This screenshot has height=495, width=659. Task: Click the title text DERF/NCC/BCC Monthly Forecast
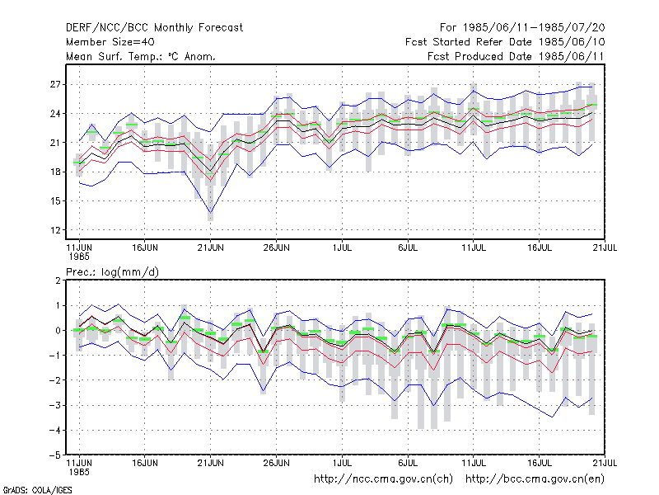[154, 28]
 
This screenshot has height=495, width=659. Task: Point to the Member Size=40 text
[110, 42]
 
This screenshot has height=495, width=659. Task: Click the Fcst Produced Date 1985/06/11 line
[516, 56]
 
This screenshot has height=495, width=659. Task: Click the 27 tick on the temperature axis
[55, 85]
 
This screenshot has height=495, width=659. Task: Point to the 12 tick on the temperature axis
[55, 230]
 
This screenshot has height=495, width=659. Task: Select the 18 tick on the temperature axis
[55, 172]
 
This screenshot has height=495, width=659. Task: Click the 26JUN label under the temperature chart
[276, 247]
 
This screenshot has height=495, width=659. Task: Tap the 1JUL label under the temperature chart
[342, 247]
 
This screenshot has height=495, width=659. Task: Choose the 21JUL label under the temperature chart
[605, 247]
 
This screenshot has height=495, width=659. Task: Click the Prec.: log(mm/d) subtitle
[112, 272]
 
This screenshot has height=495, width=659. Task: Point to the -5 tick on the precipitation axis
[55, 455]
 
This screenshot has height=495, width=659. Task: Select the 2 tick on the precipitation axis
[58, 280]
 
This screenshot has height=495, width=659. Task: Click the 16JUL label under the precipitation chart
[540, 463]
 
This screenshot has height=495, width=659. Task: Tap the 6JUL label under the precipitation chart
[408, 463]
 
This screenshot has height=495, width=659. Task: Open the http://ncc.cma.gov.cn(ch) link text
[383, 479]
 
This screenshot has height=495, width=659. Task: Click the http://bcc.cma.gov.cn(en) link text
[535, 479]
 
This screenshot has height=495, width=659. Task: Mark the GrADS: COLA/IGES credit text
[37, 490]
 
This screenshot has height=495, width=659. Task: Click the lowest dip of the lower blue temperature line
[211, 212]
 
